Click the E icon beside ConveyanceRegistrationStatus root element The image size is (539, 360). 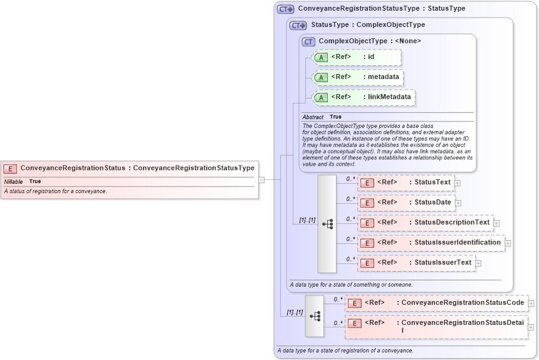pyautogui.click(x=10, y=168)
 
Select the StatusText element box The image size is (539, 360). pyautogui.click(x=406, y=183)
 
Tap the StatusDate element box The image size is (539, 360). pyautogui.click(x=406, y=203)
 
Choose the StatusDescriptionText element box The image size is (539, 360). pyautogui.click(x=425, y=223)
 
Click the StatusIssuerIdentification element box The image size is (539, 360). pyautogui.click(x=431, y=243)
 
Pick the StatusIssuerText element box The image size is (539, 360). pyautogui.click(x=416, y=263)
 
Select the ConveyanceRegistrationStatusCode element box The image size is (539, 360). pyautogui.click(x=436, y=303)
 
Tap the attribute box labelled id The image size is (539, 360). pyautogui.click(x=356, y=57)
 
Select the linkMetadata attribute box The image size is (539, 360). pyautogui.click(x=364, y=97)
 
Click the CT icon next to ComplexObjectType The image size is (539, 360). pyautogui.click(x=308, y=41)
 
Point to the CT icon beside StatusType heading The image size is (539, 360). pyautogui.click(x=298, y=25)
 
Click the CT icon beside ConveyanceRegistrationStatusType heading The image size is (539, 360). pyautogui.click(x=285, y=9)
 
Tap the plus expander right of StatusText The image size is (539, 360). pyautogui.click(x=458, y=183)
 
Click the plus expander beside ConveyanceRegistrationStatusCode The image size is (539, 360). pyautogui.click(x=531, y=304)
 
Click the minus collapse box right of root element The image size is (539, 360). pyautogui.click(x=261, y=179)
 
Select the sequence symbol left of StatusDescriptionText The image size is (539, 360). pyautogui.click(x=327, y=223)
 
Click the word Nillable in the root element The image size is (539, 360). pyautogui.click(x=13, y=181)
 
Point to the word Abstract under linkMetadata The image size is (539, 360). pyautogui.click(x=313, y=117)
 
